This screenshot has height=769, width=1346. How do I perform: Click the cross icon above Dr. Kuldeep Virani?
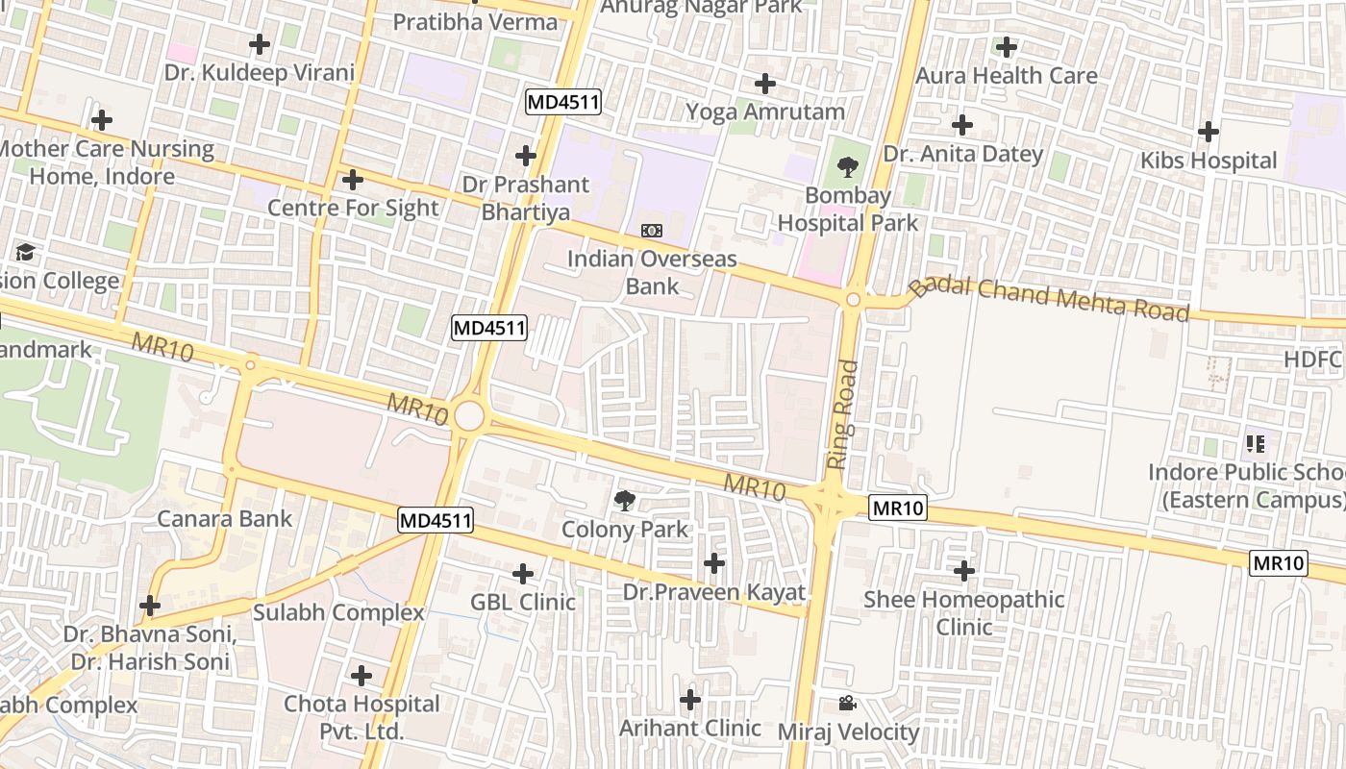(259, 44)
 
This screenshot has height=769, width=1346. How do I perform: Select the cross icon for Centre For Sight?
(353, 180)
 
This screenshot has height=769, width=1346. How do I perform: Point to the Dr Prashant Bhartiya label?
(525, 198)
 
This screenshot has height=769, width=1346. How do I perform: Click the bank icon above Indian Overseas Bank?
(652, 231)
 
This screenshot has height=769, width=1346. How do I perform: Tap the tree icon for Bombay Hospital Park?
(848, 168)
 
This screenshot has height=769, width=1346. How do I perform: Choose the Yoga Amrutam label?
(765, 112)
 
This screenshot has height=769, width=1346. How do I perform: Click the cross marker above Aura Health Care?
(1007, 46)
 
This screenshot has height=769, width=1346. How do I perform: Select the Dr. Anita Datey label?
(962, 154)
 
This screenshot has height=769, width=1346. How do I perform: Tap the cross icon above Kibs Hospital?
(1209, 132)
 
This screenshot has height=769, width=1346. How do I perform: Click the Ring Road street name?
(842, 414)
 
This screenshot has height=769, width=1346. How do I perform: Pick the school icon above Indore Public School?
(1255, 444)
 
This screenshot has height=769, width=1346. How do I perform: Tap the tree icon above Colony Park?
(625, 500)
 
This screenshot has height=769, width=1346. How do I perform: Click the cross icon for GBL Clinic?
(523, 575)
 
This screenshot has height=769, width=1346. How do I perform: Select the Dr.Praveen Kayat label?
(713, 592)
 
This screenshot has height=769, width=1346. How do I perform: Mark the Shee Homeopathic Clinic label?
(963, 613)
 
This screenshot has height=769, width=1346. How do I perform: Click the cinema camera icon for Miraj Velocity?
(847, 704)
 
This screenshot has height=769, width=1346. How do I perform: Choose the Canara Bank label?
(224, 519)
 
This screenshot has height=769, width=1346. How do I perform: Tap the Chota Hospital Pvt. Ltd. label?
(361, 717)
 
